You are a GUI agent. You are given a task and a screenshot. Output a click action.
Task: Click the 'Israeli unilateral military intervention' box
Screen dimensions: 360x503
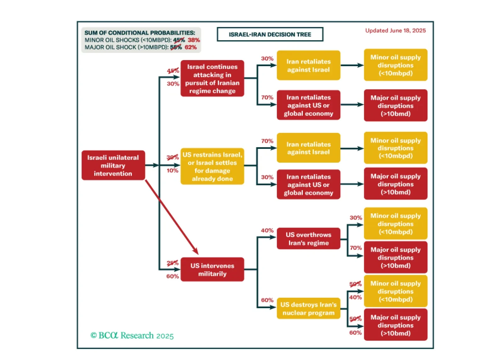point(113,166)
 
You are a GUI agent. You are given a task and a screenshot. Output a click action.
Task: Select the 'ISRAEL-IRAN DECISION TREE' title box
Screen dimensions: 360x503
point(270,34)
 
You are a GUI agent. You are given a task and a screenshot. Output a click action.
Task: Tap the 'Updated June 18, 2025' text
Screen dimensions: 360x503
point(395,31)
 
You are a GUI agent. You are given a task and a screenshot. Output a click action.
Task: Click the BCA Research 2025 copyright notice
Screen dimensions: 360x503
point(132,335)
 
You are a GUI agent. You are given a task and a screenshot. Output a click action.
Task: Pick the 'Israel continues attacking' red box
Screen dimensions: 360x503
point(212,79)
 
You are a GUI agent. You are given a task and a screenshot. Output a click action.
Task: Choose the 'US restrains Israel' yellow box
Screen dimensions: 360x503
point(212,166)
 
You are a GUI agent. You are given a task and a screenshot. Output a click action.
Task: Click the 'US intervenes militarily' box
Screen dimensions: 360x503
point(212,270)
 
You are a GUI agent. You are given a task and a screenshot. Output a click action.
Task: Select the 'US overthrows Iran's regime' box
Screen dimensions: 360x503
point(308,239)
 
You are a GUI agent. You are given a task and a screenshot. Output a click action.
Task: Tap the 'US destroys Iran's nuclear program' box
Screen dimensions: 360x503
point(308,309)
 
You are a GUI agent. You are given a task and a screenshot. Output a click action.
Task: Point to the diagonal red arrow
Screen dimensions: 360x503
point(172,217)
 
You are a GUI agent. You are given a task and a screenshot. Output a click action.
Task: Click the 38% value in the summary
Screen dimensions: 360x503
point(194,40)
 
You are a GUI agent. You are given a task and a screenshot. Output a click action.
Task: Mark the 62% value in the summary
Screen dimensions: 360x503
point(191,47)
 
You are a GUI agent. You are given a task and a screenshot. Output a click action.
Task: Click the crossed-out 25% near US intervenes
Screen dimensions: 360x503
point(172,263)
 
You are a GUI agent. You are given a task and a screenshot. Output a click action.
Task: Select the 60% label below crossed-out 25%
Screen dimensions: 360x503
point(172,276)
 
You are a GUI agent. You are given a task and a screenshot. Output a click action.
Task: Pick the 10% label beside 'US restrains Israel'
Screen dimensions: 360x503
point(172,171)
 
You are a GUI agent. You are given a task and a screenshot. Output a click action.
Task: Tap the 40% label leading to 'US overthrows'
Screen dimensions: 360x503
point(267,230)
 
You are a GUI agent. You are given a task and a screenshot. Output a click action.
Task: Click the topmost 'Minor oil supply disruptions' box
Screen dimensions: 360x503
point(395,65)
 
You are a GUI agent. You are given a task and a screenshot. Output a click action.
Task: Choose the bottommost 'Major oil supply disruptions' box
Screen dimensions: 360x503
point(395,325)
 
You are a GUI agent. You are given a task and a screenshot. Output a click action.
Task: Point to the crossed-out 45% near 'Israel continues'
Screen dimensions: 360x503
point(173,71)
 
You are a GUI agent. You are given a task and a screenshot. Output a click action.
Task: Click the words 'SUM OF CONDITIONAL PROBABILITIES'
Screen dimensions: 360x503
point(139,33)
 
